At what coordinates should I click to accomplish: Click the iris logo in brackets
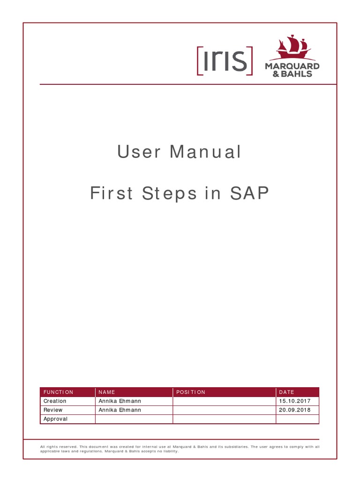click(225, 61)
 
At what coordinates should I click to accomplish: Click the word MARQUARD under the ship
click(292, 66)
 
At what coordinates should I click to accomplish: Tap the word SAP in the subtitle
click(249, 194)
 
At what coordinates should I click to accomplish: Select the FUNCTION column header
click(59, 392)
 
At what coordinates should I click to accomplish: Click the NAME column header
click(106, 392)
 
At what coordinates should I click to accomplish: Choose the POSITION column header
click(191, 392)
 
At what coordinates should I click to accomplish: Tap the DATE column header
click(286, 392)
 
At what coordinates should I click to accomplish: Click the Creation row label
click(55, 401)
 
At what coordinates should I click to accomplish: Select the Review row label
click(53, 410)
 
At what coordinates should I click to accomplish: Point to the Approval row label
click(55, 419)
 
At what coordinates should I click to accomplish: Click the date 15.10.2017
click(295, 401)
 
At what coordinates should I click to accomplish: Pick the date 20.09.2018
click(295, 410)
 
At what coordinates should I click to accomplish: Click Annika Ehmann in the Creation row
click(120, 401)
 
